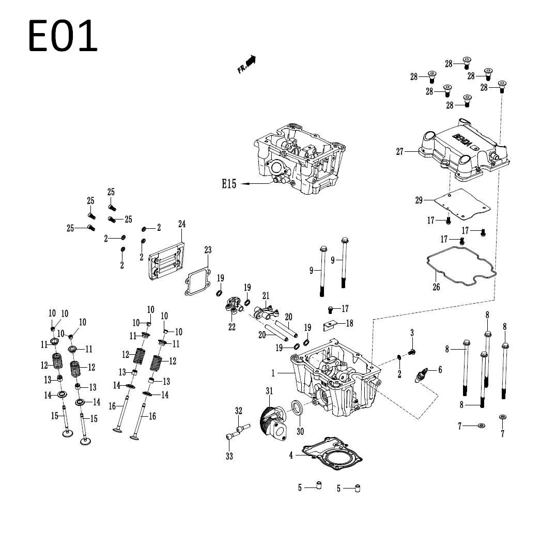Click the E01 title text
point(63,36)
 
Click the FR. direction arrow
point(247,64)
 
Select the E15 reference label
point(229,184)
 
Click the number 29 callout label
point(419,200)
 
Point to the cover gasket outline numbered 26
point(461,266)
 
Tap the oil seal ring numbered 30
point(297,407)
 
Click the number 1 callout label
point(273,373)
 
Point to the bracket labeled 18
point(330,326)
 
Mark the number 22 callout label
point(232,327)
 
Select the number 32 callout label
point(239,411)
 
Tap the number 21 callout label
point(266,295)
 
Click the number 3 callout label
point(412,333)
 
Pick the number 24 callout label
point(182,224)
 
